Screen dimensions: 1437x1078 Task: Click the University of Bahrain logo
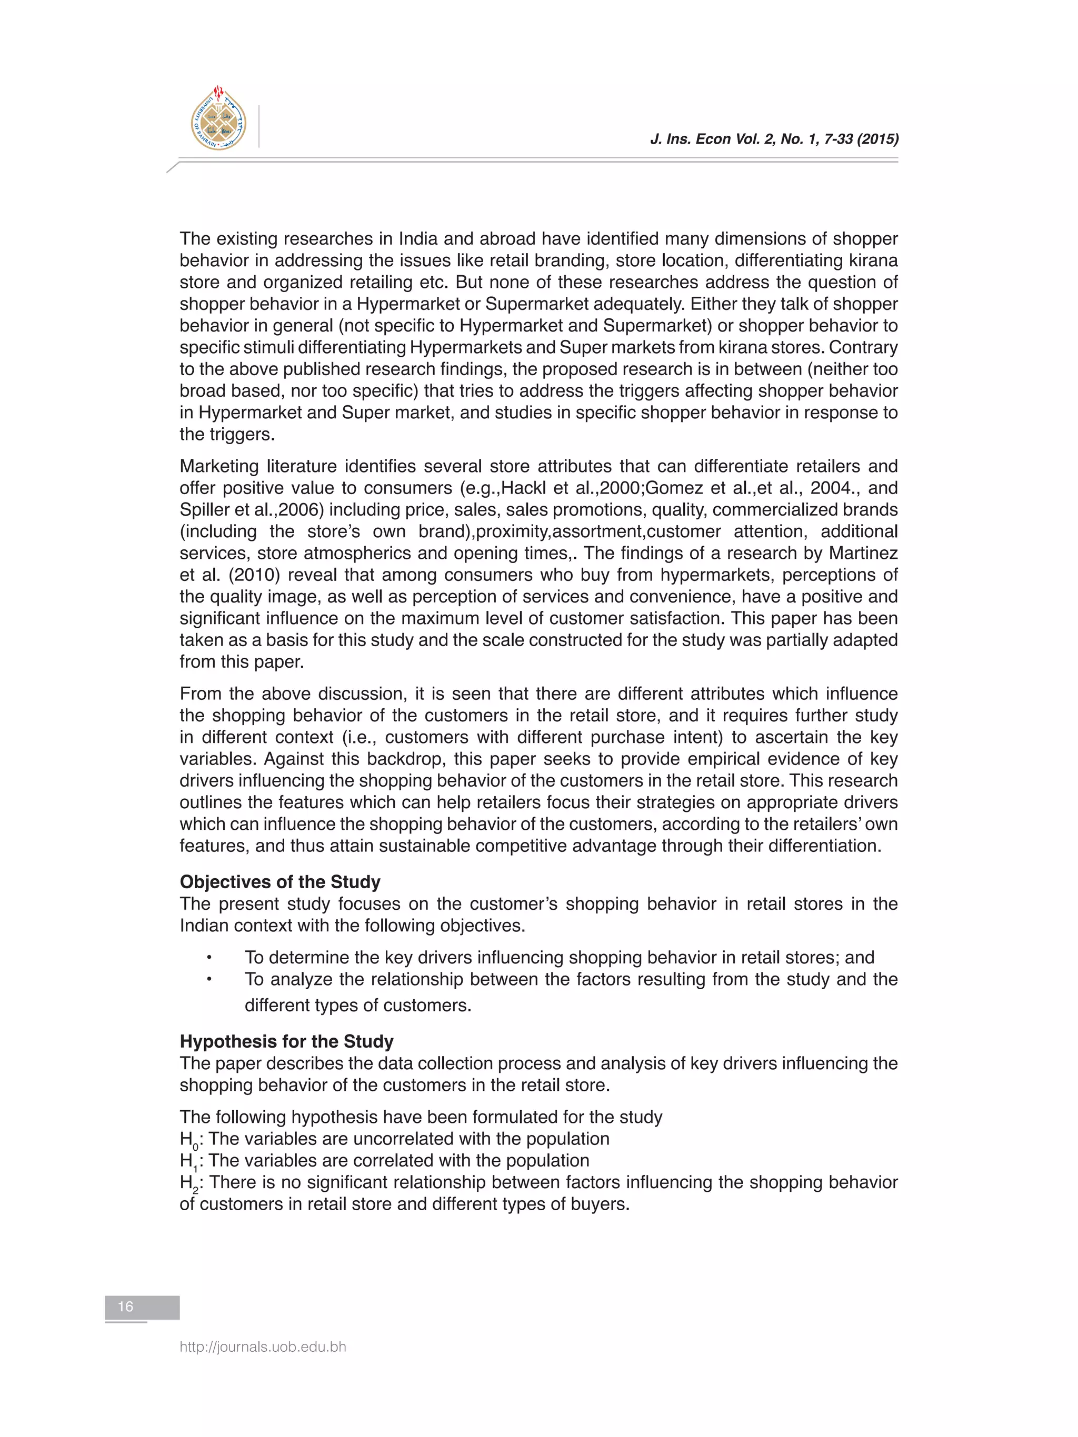coord(218,119)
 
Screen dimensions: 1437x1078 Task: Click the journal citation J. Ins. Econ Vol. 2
coord(774,139)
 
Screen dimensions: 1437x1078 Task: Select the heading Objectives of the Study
coord(280,881)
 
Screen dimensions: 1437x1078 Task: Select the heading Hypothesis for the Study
coord(286,1041)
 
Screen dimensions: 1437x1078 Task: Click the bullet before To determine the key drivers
coord(209,958)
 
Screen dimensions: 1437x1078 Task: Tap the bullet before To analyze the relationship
coord(209,980)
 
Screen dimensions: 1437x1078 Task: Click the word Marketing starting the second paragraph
coord(219,466)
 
